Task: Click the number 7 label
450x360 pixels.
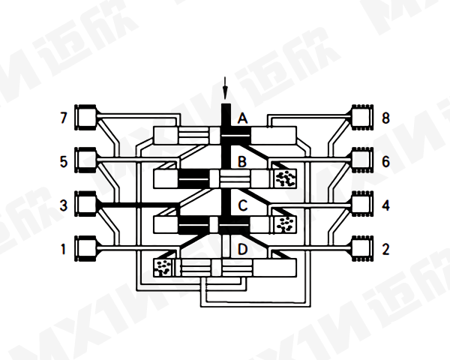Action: point(64,118)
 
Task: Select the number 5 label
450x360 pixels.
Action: point(64,160)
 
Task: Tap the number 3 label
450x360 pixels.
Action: point(64,204)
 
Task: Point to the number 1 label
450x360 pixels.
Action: point(64,247)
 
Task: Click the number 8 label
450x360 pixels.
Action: point(385,118)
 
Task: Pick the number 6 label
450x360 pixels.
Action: point(385,160)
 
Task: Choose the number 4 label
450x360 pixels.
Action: point(385,204)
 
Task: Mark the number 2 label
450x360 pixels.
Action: point(385,247)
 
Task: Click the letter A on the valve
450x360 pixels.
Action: point(242,118)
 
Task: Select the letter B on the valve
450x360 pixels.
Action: point(242,161)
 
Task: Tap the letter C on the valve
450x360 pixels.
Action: point(242,205)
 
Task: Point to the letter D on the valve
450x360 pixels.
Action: point(242,248)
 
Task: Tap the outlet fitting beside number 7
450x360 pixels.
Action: point(87,117)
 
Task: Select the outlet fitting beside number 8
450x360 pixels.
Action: point(363,117)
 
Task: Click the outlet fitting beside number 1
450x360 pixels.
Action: point(87,247)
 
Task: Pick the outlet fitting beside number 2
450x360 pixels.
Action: point(363,247)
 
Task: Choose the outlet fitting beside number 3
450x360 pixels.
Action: point(87,204)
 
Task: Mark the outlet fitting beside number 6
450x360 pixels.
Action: point(363,160)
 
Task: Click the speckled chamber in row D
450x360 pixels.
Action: point(163,266)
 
